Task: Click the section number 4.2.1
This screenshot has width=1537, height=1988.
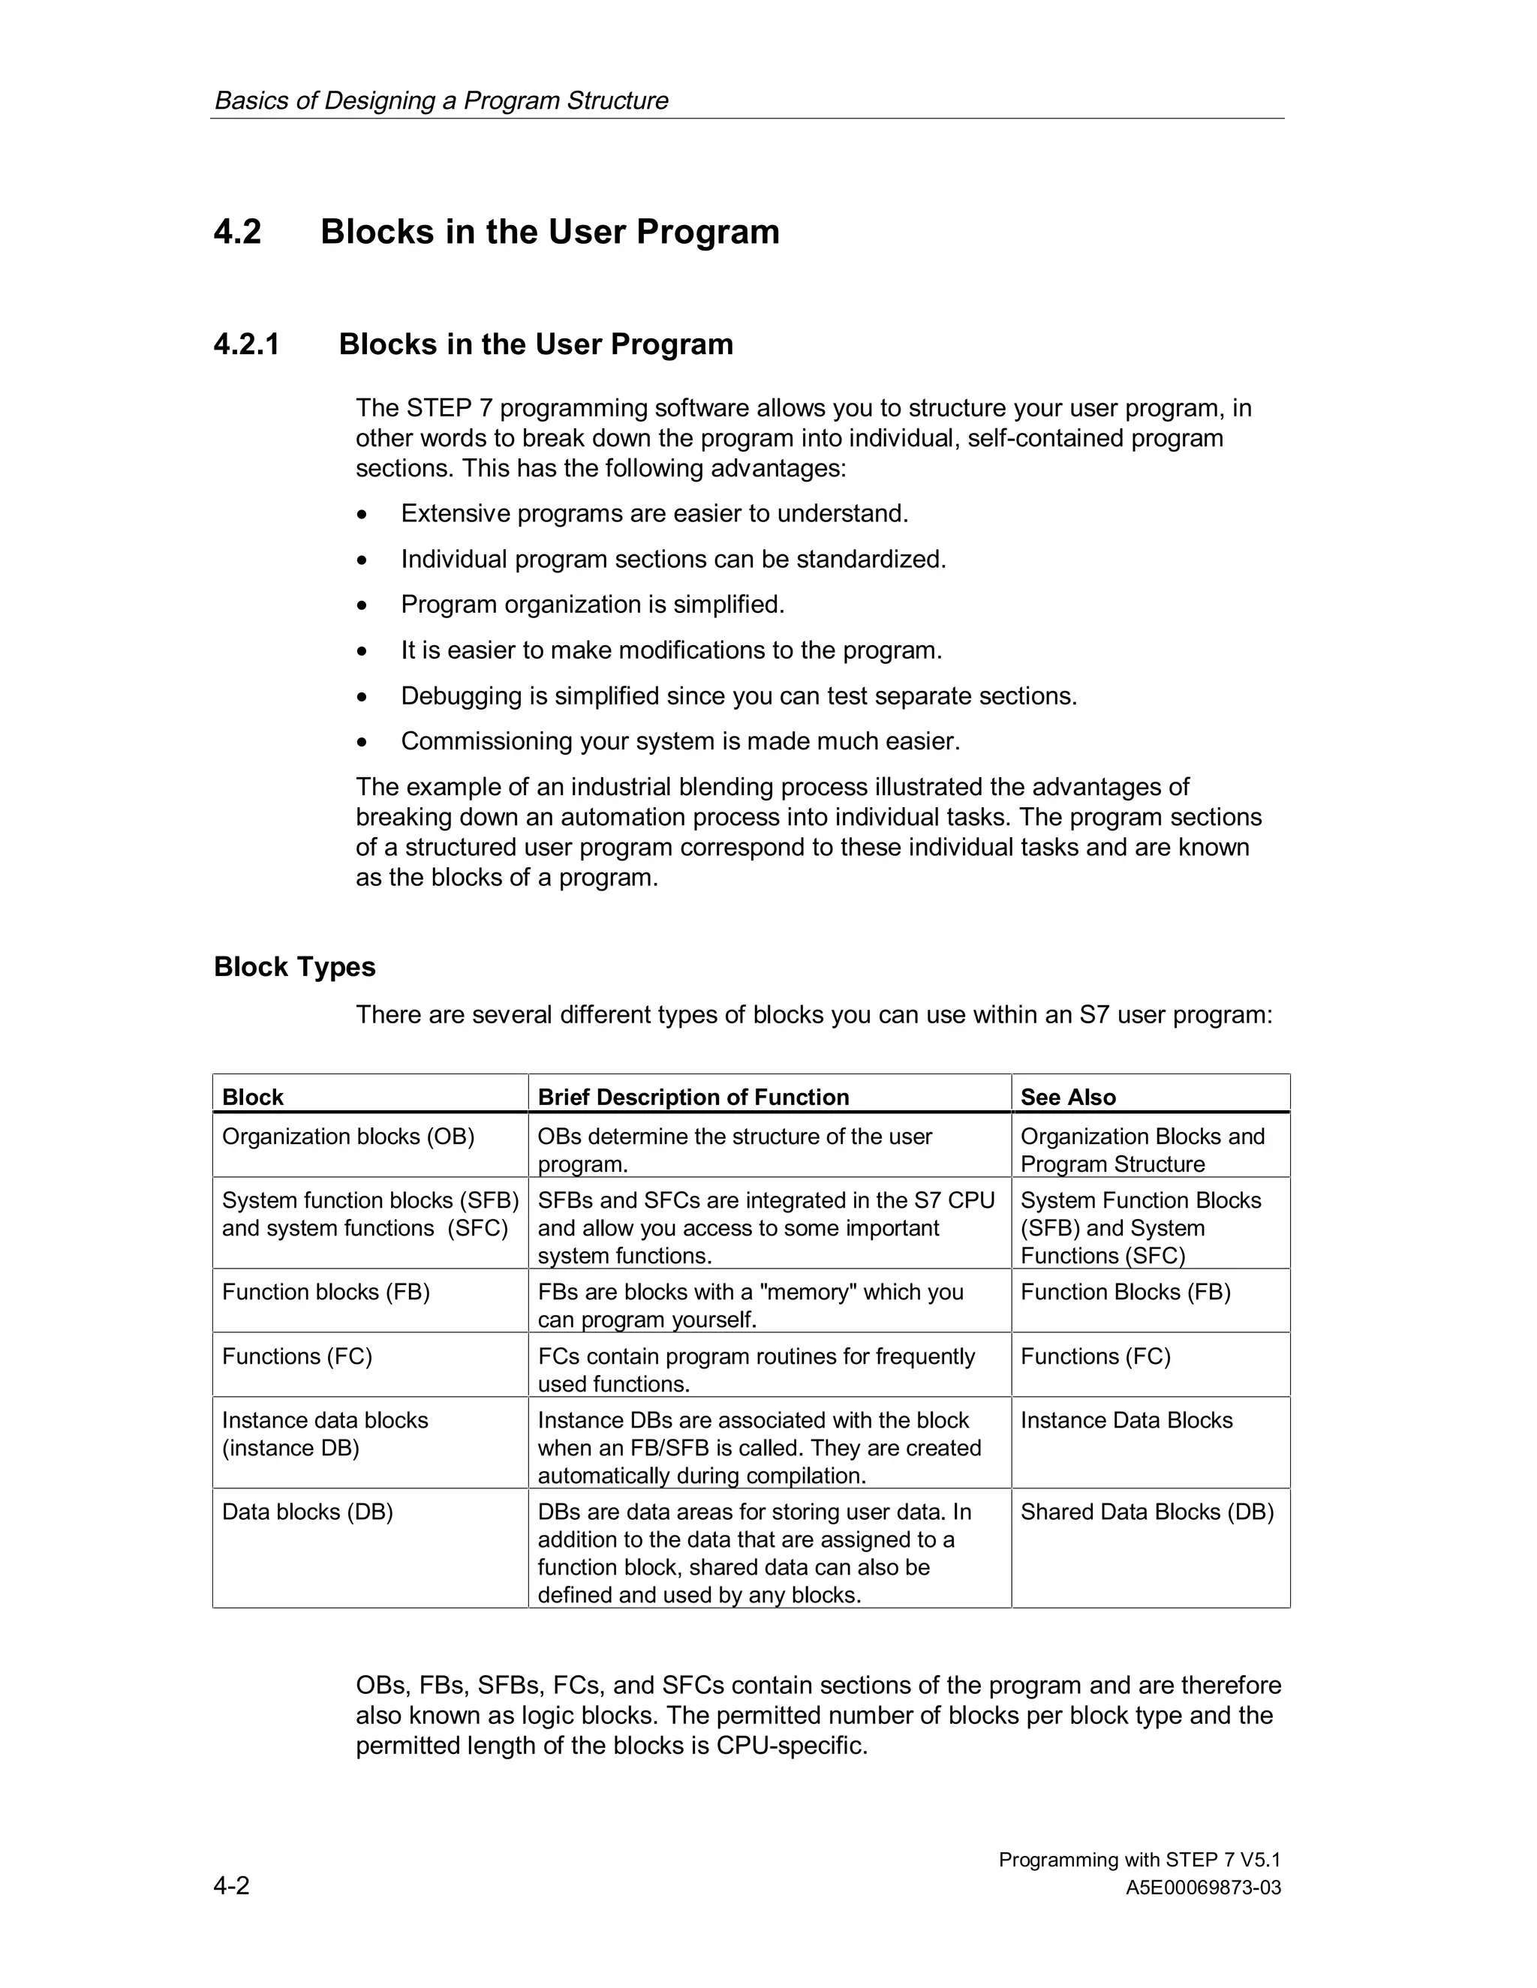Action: click(246, 345)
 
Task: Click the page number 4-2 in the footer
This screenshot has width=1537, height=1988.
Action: click(231, 1885)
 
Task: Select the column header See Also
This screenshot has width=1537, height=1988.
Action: click(1067, 1097)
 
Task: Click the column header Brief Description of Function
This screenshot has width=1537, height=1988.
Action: click(693, 1097)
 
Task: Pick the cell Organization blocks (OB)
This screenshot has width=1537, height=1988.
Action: click(347, 1137)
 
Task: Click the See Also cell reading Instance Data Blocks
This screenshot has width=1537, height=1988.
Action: click(1126, 1420)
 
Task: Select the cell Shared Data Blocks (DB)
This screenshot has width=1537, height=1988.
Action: click(1147, 1512)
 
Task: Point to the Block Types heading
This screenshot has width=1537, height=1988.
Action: click(294, 967)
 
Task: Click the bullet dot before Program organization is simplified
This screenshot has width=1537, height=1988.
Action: click(362, 605)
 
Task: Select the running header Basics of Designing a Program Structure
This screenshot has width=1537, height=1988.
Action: click(441, 100)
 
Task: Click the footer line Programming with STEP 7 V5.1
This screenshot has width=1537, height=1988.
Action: click(1139, 1860)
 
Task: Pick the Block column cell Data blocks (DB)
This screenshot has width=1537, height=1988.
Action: click(307, 1512)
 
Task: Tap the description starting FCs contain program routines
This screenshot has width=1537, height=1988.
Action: click(756, 1369)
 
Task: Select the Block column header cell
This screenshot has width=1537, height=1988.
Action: click(253, 1097)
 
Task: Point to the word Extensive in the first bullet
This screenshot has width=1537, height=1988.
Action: click(456, 515)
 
